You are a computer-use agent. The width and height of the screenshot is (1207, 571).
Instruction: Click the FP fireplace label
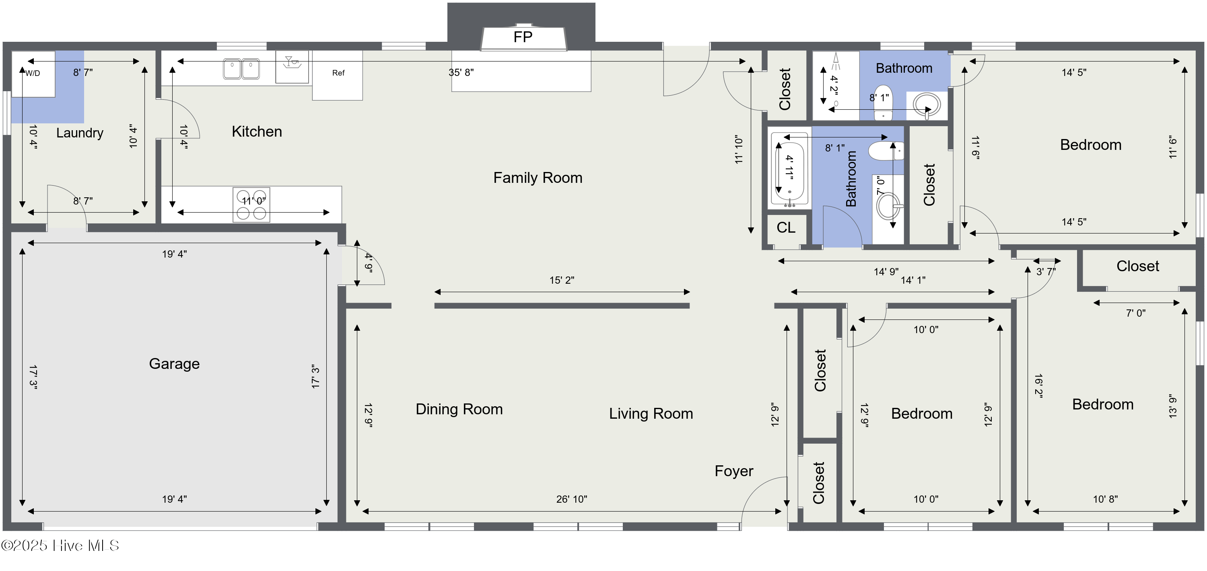(x=523, y=37)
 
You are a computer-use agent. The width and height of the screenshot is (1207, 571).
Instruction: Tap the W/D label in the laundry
(x=33, y=73)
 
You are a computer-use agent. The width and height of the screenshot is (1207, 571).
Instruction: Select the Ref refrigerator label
(x=338, y=73)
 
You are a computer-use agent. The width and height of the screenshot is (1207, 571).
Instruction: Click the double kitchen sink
(x=241, y=69)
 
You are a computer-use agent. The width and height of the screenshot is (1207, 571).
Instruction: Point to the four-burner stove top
(x=251, y=205)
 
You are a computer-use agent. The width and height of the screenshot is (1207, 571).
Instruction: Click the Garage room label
(x=174, y=364)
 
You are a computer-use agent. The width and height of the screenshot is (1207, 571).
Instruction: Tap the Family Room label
(x=538, y=178)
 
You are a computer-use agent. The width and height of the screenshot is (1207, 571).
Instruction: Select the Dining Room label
(x=459, y=409)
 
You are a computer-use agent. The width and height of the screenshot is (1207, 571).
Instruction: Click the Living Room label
(x=651, y=414)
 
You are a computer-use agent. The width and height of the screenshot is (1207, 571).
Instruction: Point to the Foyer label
(x=734, y=471)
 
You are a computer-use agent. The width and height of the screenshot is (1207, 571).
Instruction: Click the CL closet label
(x=786, y=227)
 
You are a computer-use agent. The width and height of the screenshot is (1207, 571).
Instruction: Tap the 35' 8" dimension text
(x=461, y=73)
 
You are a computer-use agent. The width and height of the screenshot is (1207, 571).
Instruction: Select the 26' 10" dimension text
(x=572, y=499)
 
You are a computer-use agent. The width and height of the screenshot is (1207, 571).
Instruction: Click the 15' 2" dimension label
(x=562, y=280)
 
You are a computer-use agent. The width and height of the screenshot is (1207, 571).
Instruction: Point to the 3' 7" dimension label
(x=1046, y=272)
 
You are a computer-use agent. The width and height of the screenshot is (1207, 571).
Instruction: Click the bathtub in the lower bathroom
(x=789, y=170)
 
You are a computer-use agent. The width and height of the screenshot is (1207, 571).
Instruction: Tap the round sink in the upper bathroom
(x=926, y=105)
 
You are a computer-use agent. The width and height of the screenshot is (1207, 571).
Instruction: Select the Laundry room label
(x=80, y=133)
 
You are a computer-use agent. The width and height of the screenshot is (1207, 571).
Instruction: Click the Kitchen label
(x=257, y=131)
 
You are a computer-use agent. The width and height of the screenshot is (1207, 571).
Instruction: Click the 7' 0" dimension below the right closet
(x=1136, y=313)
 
